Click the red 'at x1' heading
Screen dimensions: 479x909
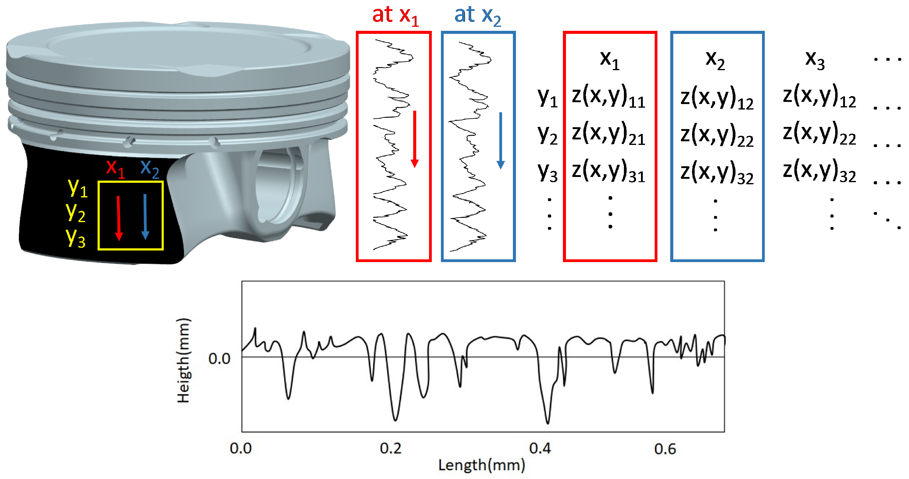pos(395,16)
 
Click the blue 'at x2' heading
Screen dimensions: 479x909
pos(478,16)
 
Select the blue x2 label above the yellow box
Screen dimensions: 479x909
pos(150,168)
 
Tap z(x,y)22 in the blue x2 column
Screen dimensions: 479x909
pos(717,135)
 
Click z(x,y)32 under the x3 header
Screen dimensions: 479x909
pos(819,171)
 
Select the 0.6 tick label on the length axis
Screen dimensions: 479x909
pos(665,449)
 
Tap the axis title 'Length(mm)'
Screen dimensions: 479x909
pos(482,465)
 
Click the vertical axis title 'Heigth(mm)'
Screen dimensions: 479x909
pos(184,360)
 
